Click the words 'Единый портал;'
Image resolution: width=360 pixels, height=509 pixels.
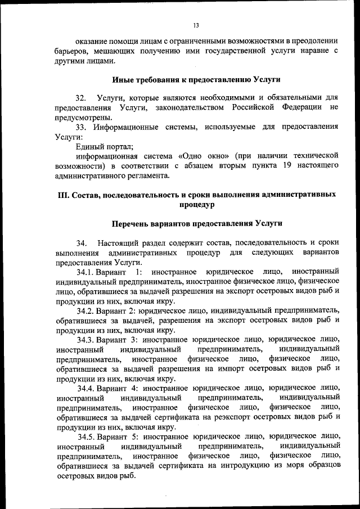coord(102,147)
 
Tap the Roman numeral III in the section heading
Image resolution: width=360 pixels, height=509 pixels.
coord(63,195)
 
